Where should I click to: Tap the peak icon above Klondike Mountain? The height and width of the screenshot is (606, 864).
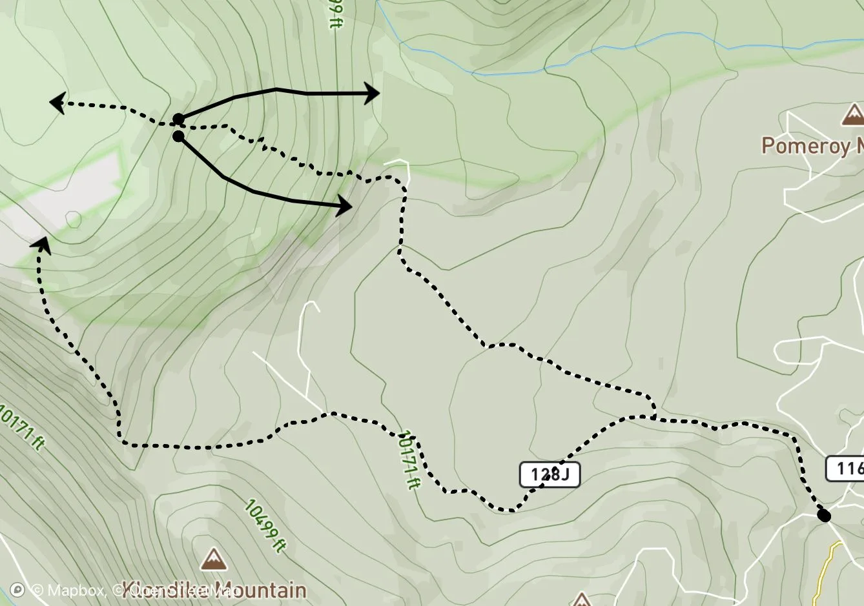[x=213, y=560]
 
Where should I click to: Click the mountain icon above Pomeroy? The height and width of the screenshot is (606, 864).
[x=853, y=115]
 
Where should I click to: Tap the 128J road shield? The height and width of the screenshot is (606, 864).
[x=550, y=475]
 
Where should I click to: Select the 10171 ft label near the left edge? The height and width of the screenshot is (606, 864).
[x=23, y=427]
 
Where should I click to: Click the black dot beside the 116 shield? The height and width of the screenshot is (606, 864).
[x=823, y=515]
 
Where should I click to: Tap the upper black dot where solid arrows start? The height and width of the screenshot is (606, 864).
[x=178, y=119]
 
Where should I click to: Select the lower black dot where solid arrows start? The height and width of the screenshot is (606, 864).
[x=178, y=136]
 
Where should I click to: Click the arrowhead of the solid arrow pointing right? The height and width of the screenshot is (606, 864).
[x=373, y=94]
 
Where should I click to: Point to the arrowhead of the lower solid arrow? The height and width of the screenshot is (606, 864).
[x=345, y=207]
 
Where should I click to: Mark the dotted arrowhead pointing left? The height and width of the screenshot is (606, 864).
[x=57, y=103]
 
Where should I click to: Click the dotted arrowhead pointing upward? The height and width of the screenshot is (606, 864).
[x=42, y=243]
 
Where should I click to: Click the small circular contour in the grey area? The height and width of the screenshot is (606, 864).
[x=73, y=219]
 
